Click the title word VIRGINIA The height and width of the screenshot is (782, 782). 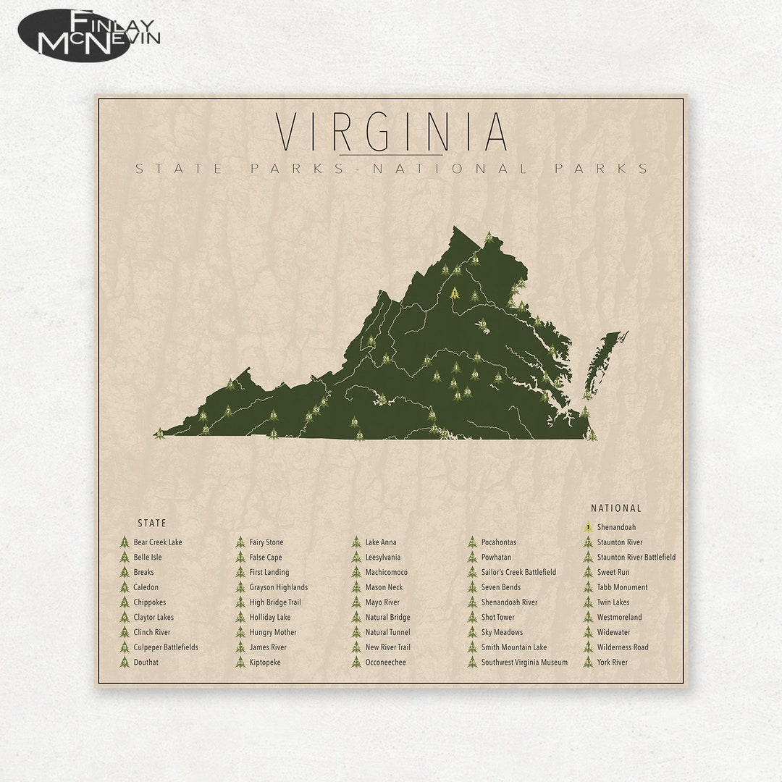click(x=391, y=132)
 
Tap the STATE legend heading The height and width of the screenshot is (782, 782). click(x=152, y=523)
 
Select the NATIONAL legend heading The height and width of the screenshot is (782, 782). click(x=616, y=508)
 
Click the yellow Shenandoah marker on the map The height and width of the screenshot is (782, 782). click(x=455, y=293)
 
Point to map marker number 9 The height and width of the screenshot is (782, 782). click(x=371, y=340)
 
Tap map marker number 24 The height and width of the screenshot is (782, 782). click(x=386, y=358)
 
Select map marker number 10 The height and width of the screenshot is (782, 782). click(x=354, y=421)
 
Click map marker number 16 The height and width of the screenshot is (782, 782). click(x=273, y=416)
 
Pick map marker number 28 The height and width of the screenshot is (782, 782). click(x=498, y=377)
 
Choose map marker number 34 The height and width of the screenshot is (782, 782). click(x=475, y=260)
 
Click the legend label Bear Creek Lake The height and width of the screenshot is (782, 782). click(x=158, y=542)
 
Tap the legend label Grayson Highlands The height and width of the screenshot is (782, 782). click(x=279, y=587)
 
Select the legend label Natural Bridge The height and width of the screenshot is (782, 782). click(x=387, y=618)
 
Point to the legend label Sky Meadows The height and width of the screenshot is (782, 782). click(x=502, y=632)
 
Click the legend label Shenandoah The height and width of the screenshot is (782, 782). click(x=618, y=527)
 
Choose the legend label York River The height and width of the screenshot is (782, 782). click(x=613, y=662)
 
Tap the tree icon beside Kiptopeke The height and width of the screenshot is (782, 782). click(x=240, y=662)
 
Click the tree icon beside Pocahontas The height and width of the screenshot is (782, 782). click(x=472, y=542)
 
